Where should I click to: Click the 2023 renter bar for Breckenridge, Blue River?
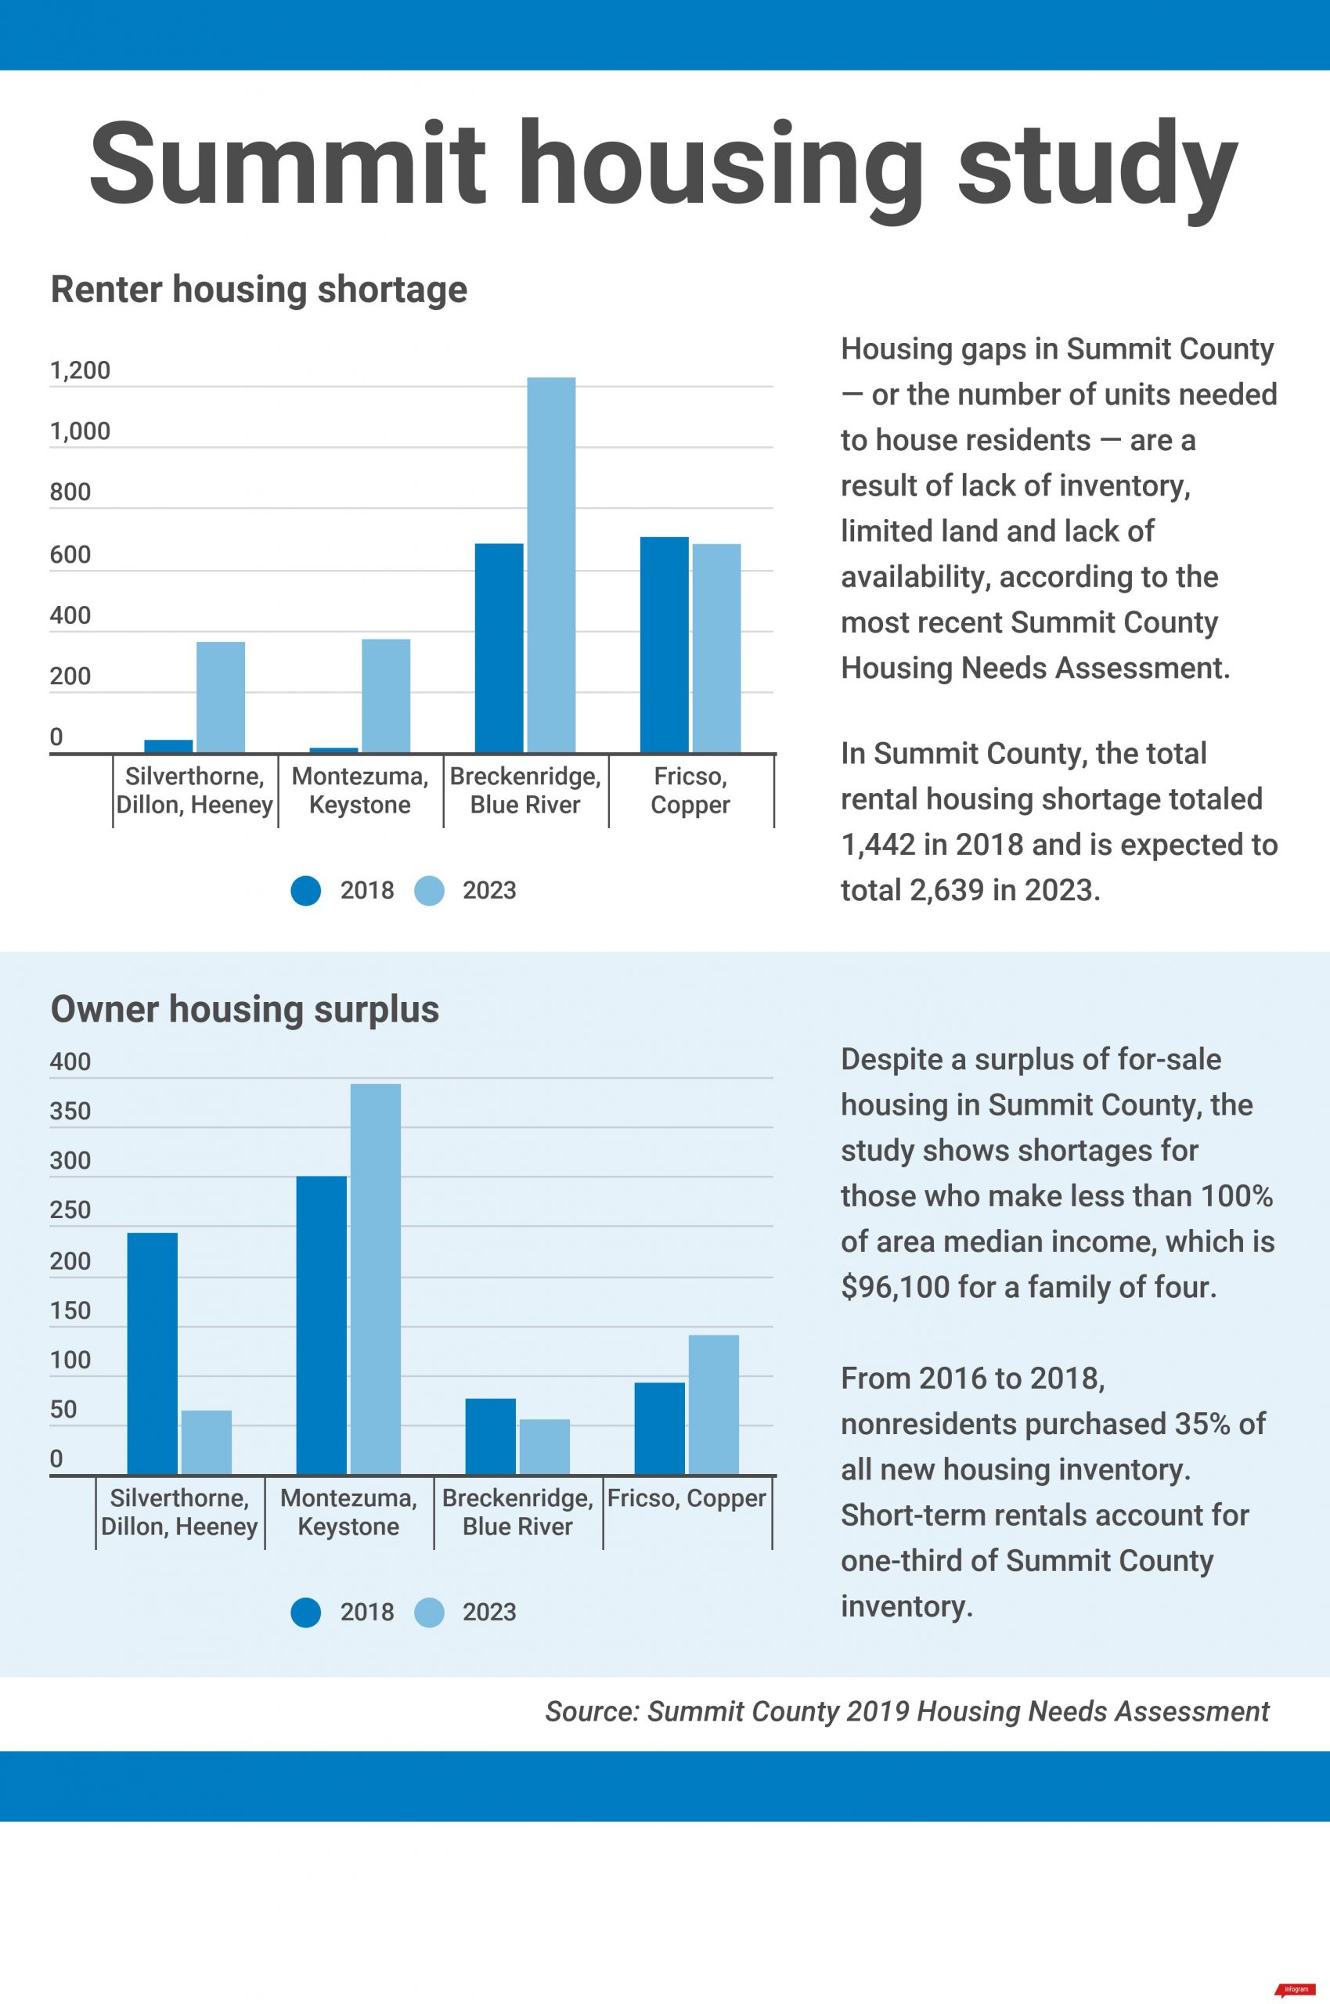[550, 565]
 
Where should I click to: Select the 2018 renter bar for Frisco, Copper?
[664, 644]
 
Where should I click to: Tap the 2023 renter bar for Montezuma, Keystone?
[386, 695]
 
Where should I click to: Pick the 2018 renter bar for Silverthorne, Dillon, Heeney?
[168, 745]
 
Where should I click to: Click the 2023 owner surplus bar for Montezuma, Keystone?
[375, 1280]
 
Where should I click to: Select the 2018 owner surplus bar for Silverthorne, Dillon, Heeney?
[152, 1353]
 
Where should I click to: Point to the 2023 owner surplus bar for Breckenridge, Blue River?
[545, 1447]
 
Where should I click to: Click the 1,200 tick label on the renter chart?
[80, 370]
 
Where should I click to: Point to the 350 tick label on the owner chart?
[70, 1111]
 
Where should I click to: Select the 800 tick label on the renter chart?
[70, 492]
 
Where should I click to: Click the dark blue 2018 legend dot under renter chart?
[305, 891]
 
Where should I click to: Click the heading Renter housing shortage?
[258, 289]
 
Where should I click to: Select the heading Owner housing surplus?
[244, 1009]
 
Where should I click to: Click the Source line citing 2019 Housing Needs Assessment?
[906, 1711]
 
